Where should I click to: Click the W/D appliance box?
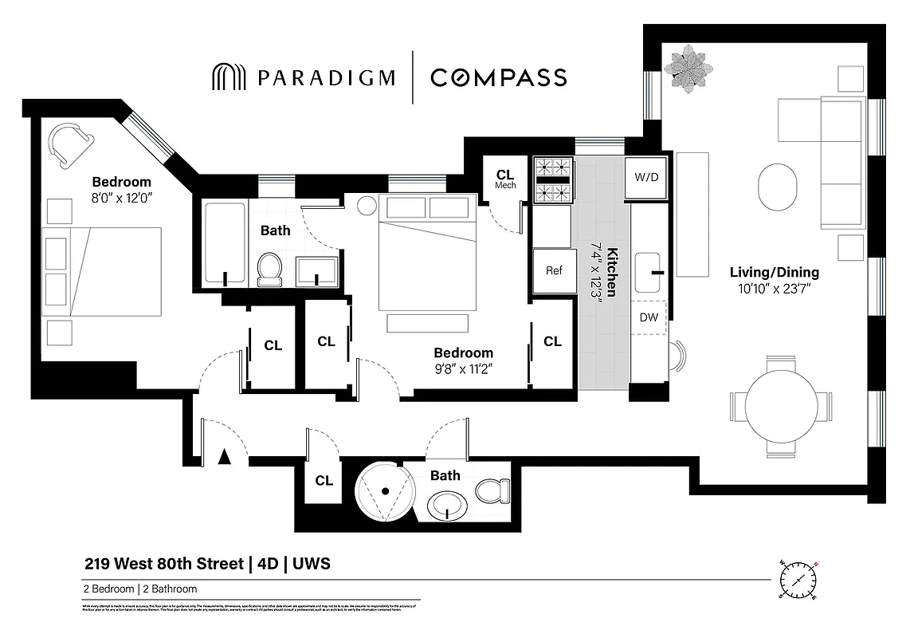pyautogui.click(x=646, y=177)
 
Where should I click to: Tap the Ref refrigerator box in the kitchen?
pyautogui.click(x=554, y=270)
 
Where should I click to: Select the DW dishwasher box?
pyautogui.click(x=649, y=317)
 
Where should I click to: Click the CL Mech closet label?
pyautogui.click(x=505, y=179)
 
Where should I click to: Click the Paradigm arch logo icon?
pyautogui.click(x=229, y=77)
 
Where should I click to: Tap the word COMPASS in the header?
pyautogui.click(x=498, y=77)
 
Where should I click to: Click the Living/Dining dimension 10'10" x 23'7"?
pyautogui.click(x=774, y=289)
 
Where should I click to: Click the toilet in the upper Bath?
pyautogui.click(x=271, y=269)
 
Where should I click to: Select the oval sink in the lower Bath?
pyautogui.click(x=449, y=504)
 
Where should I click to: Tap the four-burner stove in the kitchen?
pyautogui.click(x=554, y=179)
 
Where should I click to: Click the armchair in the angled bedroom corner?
pyautogui.click(x=71, y=144)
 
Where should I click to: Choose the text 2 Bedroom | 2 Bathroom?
pyautogui.click(x=141, y=589)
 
